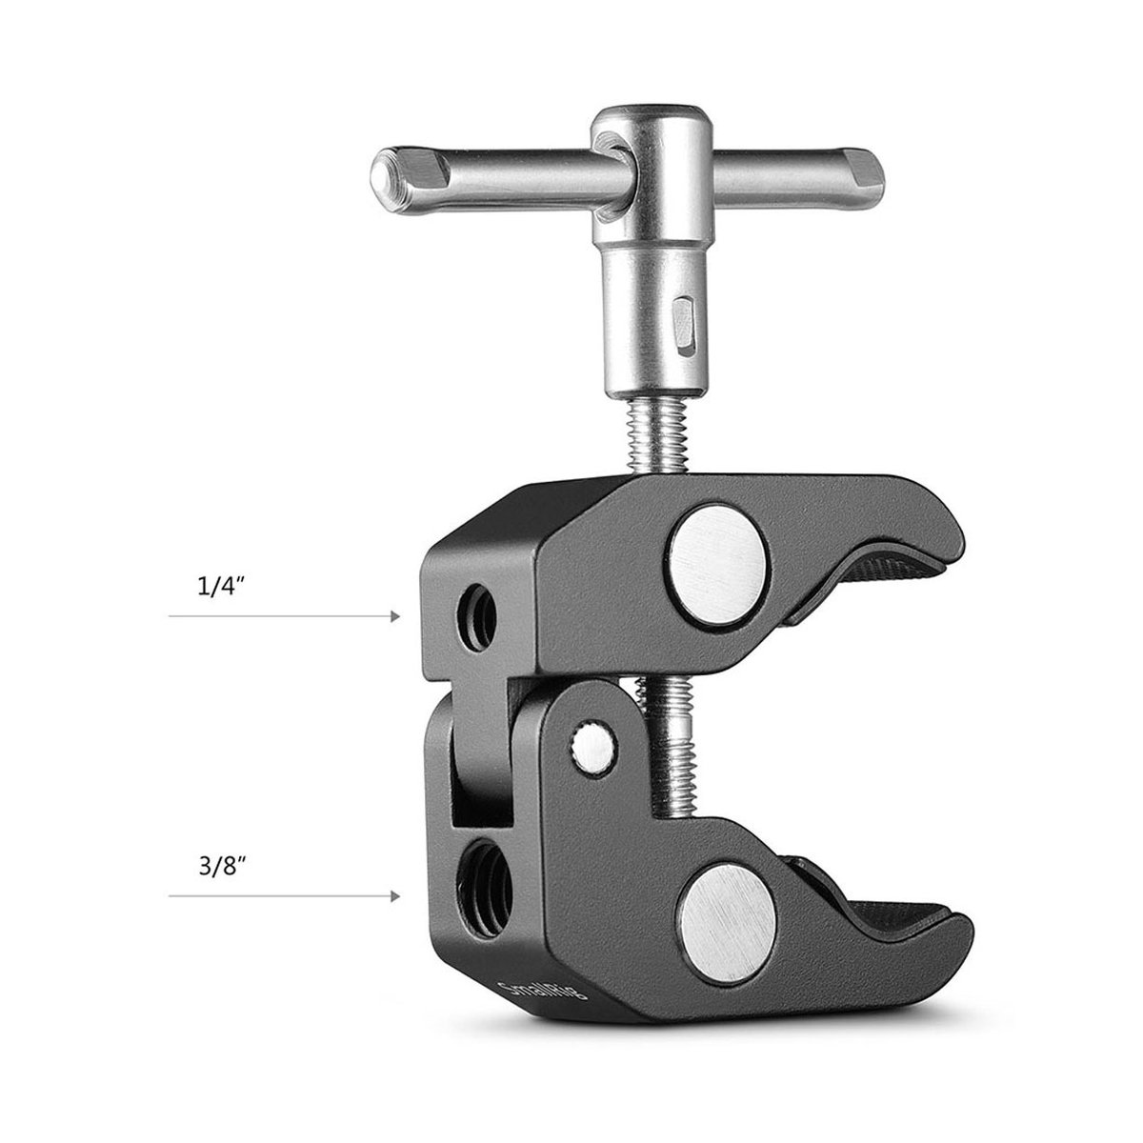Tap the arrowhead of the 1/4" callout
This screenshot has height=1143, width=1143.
pyautogui.click(x=394, y=617)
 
